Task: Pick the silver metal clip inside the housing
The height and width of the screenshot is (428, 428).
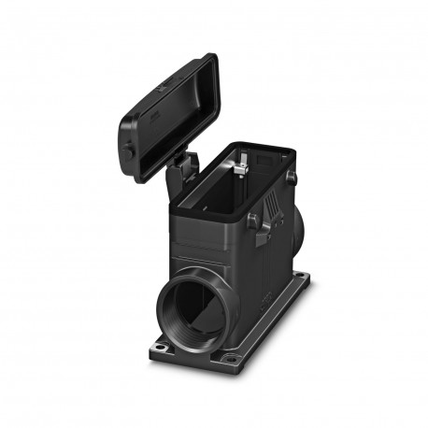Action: click(242, 167)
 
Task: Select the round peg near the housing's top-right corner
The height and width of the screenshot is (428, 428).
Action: click(292, 175)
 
